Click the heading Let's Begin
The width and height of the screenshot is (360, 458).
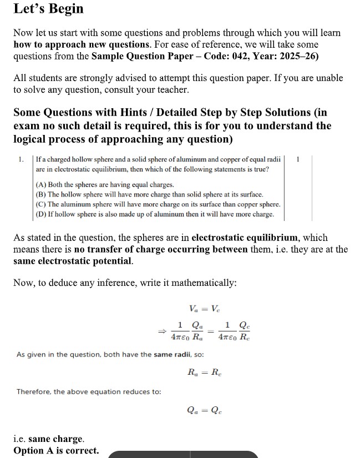coord(48,9)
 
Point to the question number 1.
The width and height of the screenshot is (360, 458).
coord(21,160)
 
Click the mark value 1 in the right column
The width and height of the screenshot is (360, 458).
coord(298,160)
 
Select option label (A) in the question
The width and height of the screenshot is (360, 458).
coord(41,184)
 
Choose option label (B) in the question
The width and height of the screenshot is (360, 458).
coord(41,194)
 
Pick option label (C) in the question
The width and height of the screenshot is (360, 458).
coord(41,204)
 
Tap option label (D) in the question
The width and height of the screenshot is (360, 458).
coord(41,214)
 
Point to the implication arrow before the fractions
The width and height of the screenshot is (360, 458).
coord(162,331)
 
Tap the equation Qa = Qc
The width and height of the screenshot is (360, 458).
coord(205,411)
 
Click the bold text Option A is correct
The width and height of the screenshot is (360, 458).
coord(56,450)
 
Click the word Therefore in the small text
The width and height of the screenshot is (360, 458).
coord(34,391)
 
